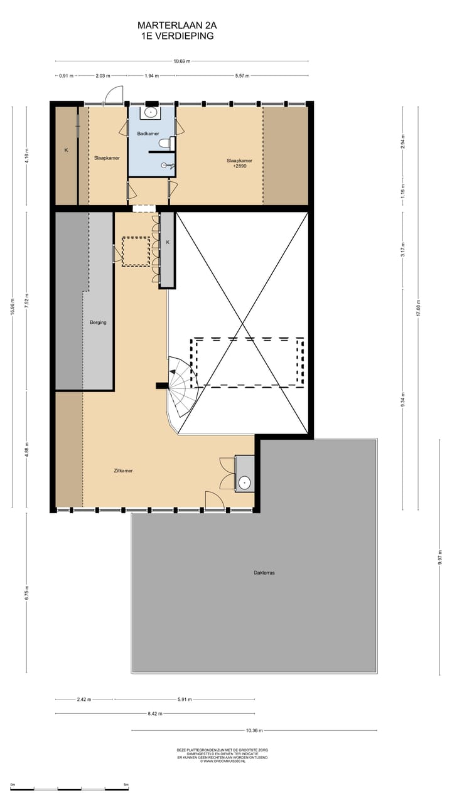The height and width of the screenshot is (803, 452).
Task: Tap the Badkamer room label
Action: point(148,134)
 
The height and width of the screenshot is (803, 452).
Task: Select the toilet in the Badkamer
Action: point(165,144)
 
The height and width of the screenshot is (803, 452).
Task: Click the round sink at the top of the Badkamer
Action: point(151,112)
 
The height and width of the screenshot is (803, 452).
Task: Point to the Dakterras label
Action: point(264,572)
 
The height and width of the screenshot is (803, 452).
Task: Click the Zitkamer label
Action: point(123,471)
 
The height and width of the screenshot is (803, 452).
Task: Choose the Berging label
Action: point(98,322)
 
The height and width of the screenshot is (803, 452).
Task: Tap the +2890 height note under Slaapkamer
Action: point(239,167)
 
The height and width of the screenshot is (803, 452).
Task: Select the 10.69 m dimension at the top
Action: point(182,61)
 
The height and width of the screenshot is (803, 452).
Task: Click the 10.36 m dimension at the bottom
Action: point(254,731)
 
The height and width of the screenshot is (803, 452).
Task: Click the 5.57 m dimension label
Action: point(242,76)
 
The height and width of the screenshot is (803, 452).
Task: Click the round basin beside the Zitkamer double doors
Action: point(244,482)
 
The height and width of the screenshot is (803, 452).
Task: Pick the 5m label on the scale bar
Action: point(126,785)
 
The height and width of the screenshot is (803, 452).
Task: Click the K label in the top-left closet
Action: point(65,151)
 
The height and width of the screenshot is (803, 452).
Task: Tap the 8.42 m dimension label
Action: point(155,714)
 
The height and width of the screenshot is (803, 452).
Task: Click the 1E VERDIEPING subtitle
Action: point(178,36)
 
